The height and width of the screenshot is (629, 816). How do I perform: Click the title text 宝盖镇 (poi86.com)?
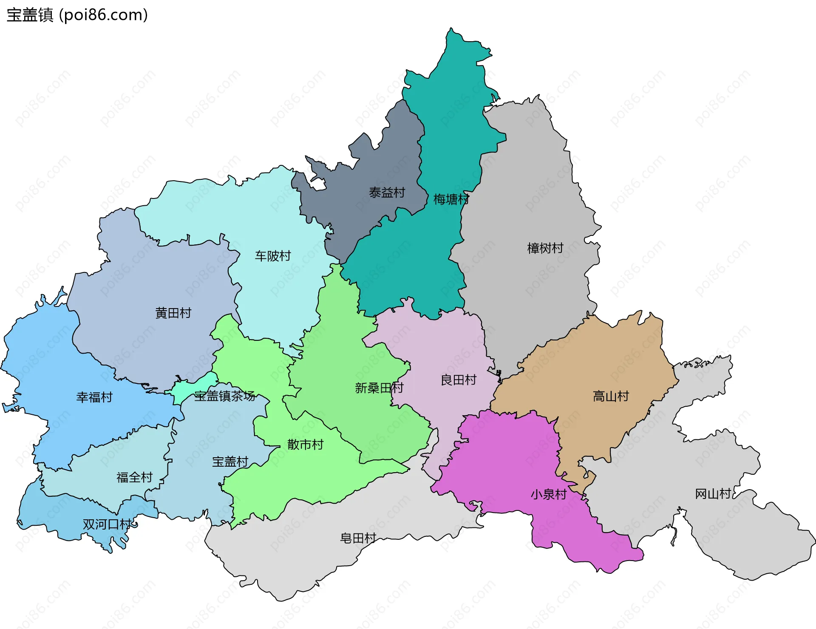point(77,15)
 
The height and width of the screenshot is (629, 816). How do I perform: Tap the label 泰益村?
point(387,193)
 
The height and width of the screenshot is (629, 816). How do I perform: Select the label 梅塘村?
point(451,199)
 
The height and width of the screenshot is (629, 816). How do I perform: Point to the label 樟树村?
point(545,248)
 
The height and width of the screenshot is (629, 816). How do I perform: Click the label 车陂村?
point(273,256)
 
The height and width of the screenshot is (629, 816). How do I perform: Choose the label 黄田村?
point(173,313)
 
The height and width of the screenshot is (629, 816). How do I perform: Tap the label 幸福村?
point(94,397)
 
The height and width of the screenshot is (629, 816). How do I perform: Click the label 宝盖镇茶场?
point(225,396)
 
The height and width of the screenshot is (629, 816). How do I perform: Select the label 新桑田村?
point(379,388)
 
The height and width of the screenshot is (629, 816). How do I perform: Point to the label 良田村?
point(459,380)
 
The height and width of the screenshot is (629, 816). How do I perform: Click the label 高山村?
point(611,396)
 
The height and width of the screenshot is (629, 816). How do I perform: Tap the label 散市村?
point(305,445)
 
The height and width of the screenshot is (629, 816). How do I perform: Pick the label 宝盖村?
point(230,462)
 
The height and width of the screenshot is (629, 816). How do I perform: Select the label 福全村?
point(134,477)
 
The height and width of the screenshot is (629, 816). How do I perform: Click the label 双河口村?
point(107,524)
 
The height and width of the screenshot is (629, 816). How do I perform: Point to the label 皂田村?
point(358,538)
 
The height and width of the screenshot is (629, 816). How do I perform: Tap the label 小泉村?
point(548,494)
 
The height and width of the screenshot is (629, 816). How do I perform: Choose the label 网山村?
point(713,493)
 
